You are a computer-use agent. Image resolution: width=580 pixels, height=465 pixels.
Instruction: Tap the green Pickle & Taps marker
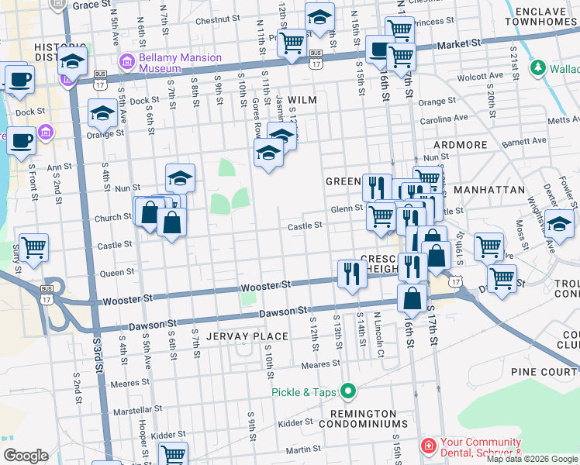[348, 392]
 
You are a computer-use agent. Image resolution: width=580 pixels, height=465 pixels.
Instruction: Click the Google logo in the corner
[26, 455]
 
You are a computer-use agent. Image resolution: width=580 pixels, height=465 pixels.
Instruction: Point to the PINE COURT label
[544, 372]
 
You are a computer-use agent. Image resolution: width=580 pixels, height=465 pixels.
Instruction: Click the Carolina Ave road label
[444, 119]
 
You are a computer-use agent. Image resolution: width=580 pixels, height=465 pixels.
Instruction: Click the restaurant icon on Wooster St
[352, 274]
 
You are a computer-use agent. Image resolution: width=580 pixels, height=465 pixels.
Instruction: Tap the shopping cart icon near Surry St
[33, 248]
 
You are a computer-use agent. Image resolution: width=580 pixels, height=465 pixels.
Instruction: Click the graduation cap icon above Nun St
[180, 178]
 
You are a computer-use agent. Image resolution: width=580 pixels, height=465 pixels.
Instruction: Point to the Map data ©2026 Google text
[532, 459]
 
